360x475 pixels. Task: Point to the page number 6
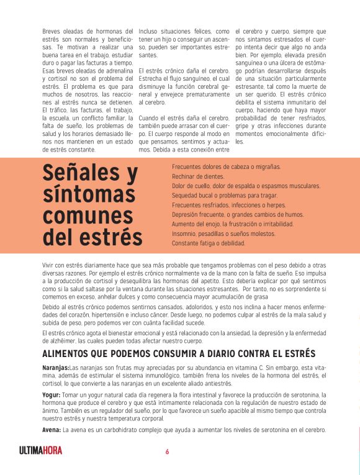(167, 451)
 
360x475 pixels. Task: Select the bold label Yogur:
(51, 394)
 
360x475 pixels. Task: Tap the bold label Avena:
(51, 430)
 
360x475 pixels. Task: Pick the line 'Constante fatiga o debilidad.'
(209, 243)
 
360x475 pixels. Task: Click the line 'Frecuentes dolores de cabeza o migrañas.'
(226, 167)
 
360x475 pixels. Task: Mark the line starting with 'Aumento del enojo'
(232, 224)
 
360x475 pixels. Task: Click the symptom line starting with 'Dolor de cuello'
(246, 186)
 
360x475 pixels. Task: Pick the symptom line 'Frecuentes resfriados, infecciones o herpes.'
(228, 205)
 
